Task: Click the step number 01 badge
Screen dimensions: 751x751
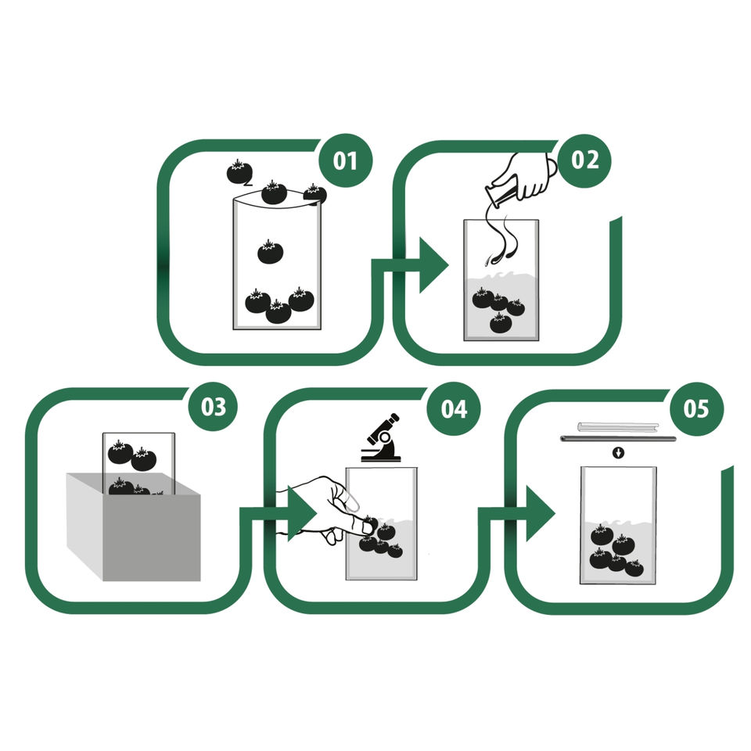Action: (345, 160)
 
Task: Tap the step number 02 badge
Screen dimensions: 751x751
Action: (585, 160)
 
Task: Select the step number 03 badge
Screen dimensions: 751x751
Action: (213, 407)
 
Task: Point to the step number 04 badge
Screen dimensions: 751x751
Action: (454, 408)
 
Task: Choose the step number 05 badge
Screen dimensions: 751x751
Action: (696, 408)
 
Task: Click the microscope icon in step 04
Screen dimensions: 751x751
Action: (381, 438)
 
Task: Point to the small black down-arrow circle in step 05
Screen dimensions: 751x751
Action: (618, 453)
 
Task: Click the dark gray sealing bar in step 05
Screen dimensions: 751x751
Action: (618, 439)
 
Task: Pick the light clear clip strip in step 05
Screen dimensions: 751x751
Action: (618, 427)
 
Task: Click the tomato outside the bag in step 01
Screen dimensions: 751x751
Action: (239, 172)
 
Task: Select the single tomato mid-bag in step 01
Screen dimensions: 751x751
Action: (270, 252)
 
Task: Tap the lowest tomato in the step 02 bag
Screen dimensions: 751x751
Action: (501, 323)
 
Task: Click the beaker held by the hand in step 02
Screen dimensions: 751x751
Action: (500, 193)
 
